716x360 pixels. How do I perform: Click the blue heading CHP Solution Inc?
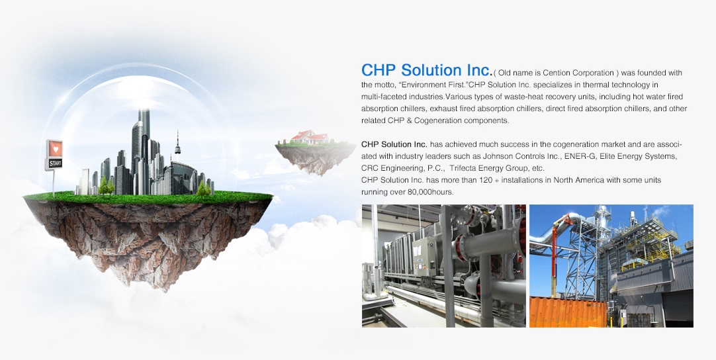pos(427,70)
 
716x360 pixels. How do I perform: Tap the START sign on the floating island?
pos(55,163)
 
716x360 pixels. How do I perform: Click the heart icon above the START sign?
pos(55,149)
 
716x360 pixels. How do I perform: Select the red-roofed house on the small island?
pos(310,136)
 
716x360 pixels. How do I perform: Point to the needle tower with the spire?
pos(177,146)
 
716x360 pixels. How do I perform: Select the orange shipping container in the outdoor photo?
pos(568,312)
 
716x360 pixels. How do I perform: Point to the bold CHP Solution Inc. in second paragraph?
pos(394,144)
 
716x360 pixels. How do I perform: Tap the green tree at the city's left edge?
pos(105,186)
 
